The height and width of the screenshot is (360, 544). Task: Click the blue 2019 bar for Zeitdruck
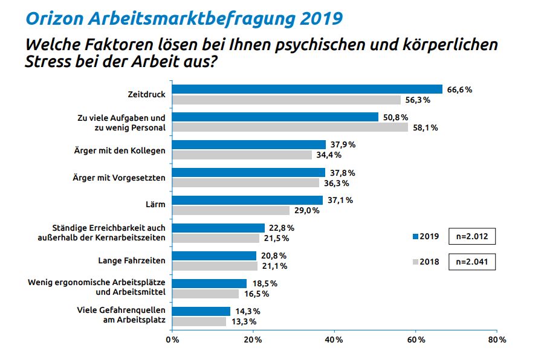click(307, 89)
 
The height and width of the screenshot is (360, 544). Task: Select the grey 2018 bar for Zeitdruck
click(287, 100)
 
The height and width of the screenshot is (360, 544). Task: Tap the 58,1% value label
click(426, 127)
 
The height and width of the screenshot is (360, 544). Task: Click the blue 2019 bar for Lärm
click(248, 200)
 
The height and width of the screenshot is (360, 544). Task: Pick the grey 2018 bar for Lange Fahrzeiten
click(215, 266)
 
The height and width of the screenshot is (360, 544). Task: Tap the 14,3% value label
click(248, 311)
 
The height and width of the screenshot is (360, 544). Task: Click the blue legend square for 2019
click(415, 236)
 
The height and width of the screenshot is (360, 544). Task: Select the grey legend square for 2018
click(415, 263)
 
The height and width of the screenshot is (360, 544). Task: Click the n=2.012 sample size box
click(472, 236)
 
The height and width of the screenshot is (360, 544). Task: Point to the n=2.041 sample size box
click(472, 263)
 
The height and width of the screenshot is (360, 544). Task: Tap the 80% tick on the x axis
click(497, 340)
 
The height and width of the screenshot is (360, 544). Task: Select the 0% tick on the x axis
click(172, 340)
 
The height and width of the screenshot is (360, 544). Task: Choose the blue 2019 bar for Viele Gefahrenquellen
click(201, 311)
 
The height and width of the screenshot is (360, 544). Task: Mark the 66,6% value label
click(459, 89)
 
